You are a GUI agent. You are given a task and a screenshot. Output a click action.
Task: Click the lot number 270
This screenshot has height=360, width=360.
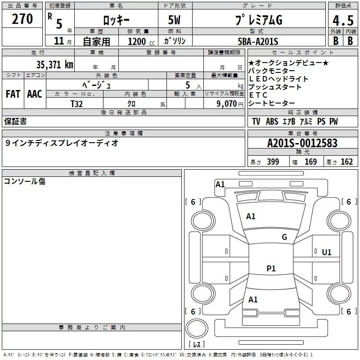click(x=22, y=19)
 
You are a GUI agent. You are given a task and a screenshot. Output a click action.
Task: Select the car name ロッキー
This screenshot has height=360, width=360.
click(x=117, y=20)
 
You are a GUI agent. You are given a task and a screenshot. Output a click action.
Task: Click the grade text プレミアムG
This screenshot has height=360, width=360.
click(x=258, y=20)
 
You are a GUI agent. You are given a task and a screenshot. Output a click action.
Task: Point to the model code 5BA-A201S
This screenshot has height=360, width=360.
click(x=258, y=41)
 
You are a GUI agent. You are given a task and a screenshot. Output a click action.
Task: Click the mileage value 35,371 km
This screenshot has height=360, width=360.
click(x=55, y=64)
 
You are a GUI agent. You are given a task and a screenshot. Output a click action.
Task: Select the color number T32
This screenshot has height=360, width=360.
click(x=77, y=103)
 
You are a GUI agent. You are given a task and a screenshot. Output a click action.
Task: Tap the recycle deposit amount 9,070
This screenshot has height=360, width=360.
click(x=226, y=103)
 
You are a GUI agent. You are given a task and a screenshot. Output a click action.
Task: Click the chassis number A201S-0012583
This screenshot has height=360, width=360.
click(x=302, y=143)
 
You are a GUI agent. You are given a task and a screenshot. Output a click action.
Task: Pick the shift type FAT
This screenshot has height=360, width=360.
click(x=13, y=94)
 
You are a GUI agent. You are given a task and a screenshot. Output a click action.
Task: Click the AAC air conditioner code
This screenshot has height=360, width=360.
click(x=35, y=94)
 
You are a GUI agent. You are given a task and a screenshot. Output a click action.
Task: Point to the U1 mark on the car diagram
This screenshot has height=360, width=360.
click(x=327, y=252)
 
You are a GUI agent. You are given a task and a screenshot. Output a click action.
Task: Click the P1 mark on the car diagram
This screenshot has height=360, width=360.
click(x=271, y=269)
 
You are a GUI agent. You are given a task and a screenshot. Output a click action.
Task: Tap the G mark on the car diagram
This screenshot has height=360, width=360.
click(x=284, y=237)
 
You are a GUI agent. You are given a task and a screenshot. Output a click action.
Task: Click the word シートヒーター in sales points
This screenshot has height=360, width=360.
click(x=271, y=103)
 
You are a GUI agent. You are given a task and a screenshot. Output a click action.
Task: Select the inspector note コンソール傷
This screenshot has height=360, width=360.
click(x=25, y=181)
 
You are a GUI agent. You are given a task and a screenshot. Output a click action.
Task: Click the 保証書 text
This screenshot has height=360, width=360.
click(x=15, y=121)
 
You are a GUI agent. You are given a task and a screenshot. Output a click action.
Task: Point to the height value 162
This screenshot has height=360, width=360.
click(x=346, y=162)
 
